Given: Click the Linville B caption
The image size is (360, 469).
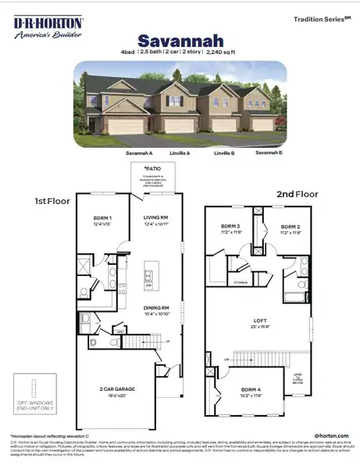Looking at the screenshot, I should (x=225, y=153).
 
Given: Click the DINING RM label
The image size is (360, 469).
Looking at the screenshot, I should (x=155, y=308).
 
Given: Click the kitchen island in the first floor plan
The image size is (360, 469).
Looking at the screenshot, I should (x=148, y=277).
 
